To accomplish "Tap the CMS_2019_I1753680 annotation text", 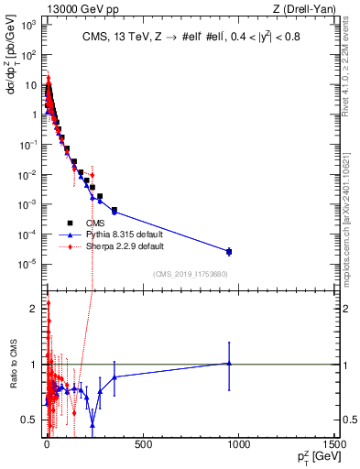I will click(x=191, y=274).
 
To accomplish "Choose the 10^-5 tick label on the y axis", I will click(x=28, y=264).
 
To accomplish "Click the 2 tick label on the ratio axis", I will click(x=34, y=309).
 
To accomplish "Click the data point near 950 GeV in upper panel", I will click(x=229, y=251).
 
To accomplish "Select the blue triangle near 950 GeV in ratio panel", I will click(x=229, y=363).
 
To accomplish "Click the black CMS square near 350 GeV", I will click(x=114, y=211).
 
